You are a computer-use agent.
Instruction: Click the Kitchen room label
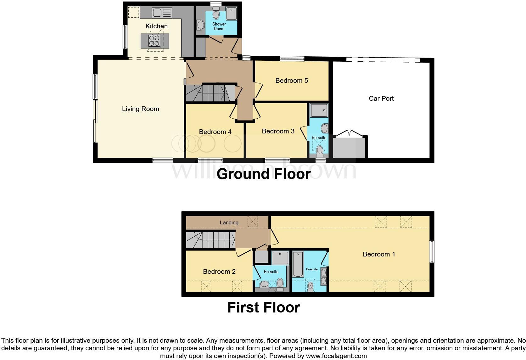[x=156, y=26]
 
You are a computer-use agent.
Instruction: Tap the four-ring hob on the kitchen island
[x=154, y=41]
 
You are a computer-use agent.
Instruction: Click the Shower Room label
[x=219, y=26]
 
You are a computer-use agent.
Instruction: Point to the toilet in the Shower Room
[x=216, y=14]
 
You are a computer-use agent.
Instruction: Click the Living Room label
[x=140, y=109]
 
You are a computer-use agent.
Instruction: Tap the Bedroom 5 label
[x=291, y=81]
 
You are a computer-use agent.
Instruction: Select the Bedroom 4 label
[x=215, y=132]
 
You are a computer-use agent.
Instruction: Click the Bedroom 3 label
[x=278, y=131]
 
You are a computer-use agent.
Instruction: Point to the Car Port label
[x=381, y=98]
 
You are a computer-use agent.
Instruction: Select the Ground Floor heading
[x=263, y=174]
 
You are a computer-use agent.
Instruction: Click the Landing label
[x=229, y=222]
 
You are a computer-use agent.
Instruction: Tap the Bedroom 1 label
[x=378, y=254]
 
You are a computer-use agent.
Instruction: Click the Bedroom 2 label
[x=219, y=272]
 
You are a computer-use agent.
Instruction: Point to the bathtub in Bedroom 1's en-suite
[x=298, y=264]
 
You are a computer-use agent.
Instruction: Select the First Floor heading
[x=263, y=307]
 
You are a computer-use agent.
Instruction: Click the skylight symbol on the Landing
[x=252, y=222]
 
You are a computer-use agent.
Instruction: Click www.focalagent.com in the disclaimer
[x=336, y=356]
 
